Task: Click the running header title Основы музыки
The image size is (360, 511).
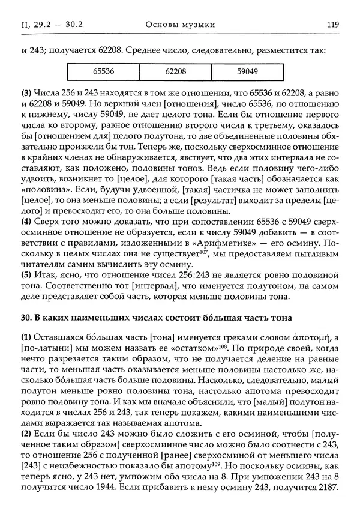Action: [180, 24]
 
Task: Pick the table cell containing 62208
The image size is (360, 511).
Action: [176, 71]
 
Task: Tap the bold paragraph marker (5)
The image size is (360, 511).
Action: [27, 273]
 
